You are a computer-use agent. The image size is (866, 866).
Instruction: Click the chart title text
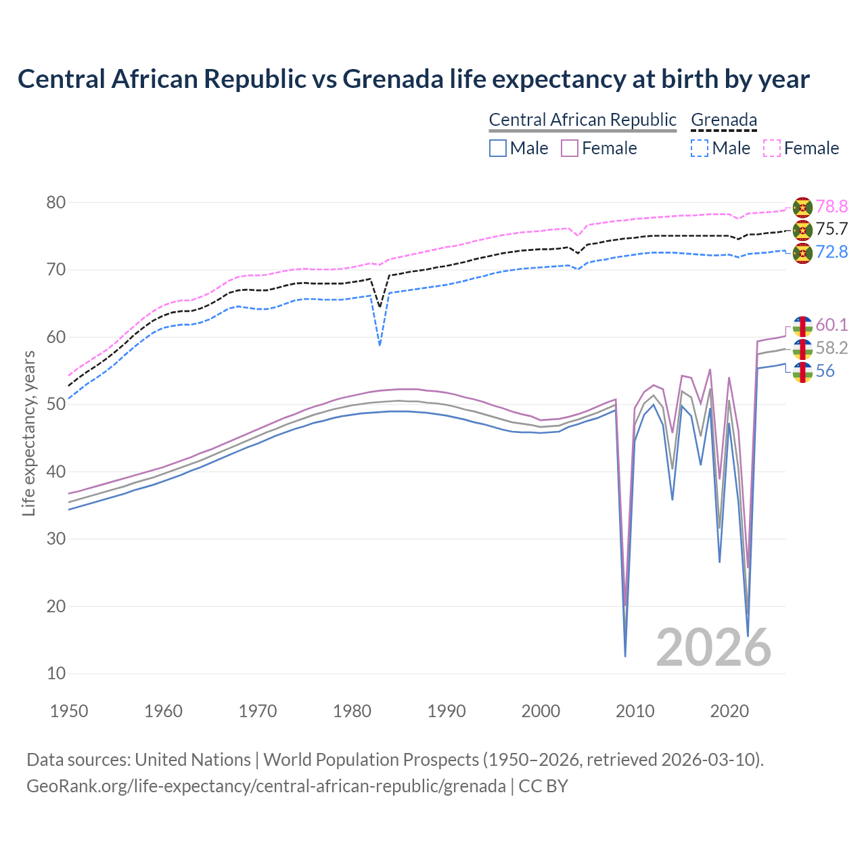point(413,79)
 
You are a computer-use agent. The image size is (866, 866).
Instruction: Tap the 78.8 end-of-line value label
point(831,206)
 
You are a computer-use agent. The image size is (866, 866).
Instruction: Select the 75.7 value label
point(831,229)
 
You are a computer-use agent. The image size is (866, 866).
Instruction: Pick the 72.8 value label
point(831,252)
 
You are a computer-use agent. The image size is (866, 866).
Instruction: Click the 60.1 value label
point(831,325)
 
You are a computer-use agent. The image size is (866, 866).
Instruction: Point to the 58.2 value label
point(831,348)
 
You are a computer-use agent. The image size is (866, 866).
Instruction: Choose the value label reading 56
point(825,371)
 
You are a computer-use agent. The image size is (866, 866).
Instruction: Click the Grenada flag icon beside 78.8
point(802,206)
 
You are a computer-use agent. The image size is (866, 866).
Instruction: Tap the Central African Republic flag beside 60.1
point(802,325)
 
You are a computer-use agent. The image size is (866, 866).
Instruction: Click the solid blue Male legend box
point(498,148)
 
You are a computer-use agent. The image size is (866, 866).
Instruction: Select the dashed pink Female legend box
point(772,148)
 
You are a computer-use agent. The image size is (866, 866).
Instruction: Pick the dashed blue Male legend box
point(700,148)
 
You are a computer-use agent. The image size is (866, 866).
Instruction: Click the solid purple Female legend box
point(570,148)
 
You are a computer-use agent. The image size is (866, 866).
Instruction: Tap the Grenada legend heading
point(723,120)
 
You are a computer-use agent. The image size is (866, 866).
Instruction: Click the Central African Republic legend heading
point(583,120)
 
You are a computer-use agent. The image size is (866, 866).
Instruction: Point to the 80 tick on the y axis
point(56,203)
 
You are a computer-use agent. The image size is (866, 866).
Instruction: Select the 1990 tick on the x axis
point(447,711)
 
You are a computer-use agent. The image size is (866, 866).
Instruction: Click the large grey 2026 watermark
point(714,647)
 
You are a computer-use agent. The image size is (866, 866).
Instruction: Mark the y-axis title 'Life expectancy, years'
point(29,433)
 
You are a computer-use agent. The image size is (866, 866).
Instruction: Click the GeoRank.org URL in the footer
point(266,786)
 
